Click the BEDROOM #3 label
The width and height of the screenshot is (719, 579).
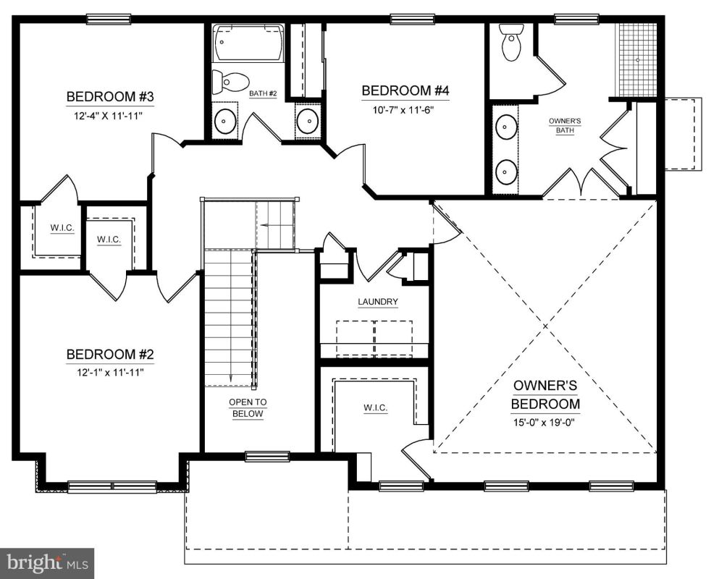pyautogui.click(x=109, y=97)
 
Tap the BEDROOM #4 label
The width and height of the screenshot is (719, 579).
pyautogui.click(x=405, y=90)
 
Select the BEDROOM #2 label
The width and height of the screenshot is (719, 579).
pyautogui.click(x=109, y=355)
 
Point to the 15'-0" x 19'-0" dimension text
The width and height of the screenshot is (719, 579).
pyautogui.click(x=544, y=422)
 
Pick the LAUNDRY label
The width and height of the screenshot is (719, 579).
pyautogui.click(x=378, y=302)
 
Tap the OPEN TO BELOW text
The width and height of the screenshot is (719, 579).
pyautogui.click(x=248, y=408)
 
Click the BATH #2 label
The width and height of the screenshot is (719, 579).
pyautogui.click(x=264, y=93)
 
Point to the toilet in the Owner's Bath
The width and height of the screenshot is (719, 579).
pyautogui.click(x=512, y=42)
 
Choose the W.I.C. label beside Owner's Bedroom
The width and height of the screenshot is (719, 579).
pyautogui.click(x=376, y=407)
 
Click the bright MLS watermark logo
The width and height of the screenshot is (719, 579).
pyautogui.click(x=47, y=563)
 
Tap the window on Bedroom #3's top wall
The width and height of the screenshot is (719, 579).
pyautogui.click(x=109, y=19)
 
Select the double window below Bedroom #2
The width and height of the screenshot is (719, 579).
pyautogui.click(x=112, y=487)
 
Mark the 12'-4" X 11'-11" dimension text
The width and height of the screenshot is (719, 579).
pyautogui.click(x=109, y=116)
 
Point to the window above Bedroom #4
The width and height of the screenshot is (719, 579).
pyautogui.click(x=412, y=19)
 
